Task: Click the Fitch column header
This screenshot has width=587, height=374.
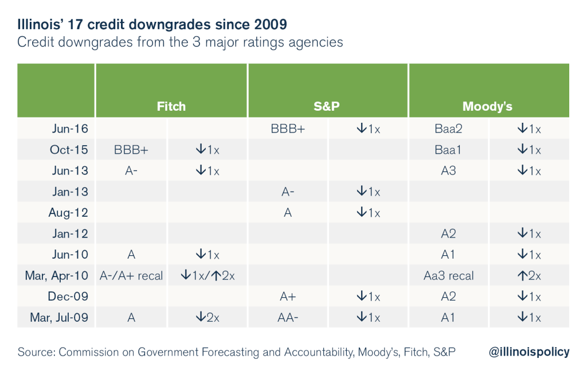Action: point(171,107)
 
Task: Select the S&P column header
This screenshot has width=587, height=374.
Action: point(327,107)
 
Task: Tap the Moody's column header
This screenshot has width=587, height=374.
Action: point(487,107)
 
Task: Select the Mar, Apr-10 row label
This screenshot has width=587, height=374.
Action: point(57,275)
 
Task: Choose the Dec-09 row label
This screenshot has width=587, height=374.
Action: point(70,297)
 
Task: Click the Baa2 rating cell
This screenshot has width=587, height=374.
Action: point(449,128)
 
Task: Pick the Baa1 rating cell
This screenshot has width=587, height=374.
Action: point(449,150)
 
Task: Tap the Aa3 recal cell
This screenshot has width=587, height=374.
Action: point(449,275)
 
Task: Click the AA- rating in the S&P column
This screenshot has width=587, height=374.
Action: point(288,318)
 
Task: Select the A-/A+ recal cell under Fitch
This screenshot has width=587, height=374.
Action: point(131,275)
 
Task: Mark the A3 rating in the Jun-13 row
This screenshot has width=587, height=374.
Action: point(449,170)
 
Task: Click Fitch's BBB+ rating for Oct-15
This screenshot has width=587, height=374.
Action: point(131,150)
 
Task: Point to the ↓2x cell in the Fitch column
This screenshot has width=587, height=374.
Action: point(207,318)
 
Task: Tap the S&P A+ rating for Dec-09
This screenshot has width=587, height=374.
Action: point(288,297)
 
